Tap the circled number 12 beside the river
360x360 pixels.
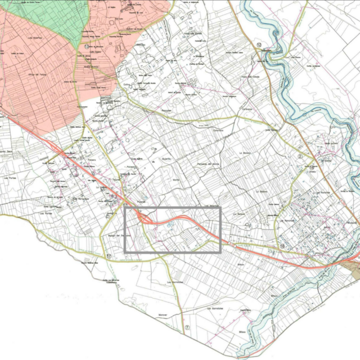[259, 44]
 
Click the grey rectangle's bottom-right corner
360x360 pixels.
[220, 251]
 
